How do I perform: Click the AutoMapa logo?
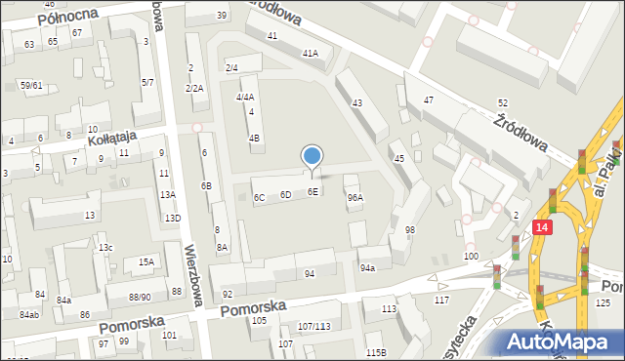563,341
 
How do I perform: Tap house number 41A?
311,54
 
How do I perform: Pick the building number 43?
357,102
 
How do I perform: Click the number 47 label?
429,100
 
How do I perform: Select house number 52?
502,102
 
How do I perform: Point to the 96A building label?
355,197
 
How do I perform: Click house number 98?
410,229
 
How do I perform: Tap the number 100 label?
472,256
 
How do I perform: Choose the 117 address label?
441,300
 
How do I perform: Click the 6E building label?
312,192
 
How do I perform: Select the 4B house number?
255,138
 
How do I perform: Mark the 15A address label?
146,261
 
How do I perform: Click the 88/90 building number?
140,297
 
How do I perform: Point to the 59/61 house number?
31,85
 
